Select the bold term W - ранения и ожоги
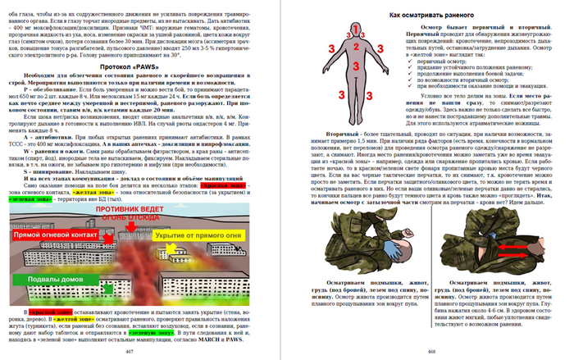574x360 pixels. [63, 150]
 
